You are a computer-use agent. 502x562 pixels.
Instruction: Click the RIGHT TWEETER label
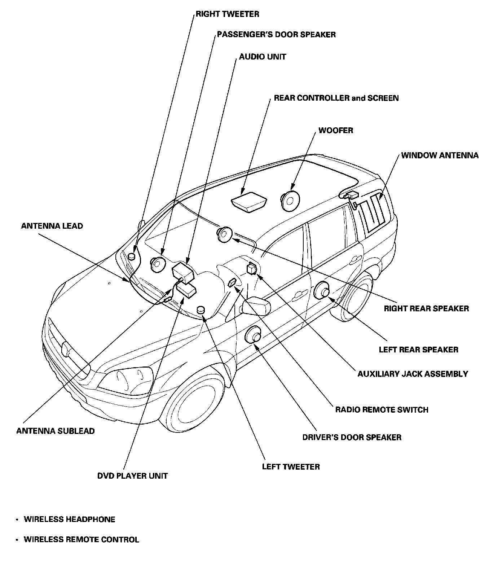tap(227, 14)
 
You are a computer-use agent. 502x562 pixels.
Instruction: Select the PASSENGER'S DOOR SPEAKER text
tap(276, 35)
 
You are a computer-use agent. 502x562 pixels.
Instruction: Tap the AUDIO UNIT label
tap(262, 57)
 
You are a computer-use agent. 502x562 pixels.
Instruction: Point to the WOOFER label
tap(335, 130)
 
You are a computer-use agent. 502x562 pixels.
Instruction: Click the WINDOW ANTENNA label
tap(440, 155)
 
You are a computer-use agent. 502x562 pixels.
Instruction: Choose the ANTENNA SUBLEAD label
tap(56, 431)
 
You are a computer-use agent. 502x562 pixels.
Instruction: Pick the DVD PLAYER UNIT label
tap(132, 476)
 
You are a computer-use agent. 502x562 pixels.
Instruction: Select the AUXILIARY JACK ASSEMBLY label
tap(413, 374)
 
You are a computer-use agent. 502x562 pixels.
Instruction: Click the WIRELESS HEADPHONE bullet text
tap(69, 519)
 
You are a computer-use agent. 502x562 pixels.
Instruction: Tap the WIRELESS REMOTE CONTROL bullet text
tap(81, 540)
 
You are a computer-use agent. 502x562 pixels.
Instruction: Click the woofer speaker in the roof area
tap(290, 201)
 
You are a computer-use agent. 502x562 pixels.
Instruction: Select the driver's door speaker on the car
tap(254, 335)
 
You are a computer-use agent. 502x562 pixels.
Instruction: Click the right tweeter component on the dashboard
tap(132, 256)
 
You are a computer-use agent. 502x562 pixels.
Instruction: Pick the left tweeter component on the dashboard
tap(201, 309)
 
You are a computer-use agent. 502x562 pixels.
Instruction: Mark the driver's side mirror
tap(256, 306)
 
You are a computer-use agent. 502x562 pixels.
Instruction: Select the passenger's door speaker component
tap(158, 264)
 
